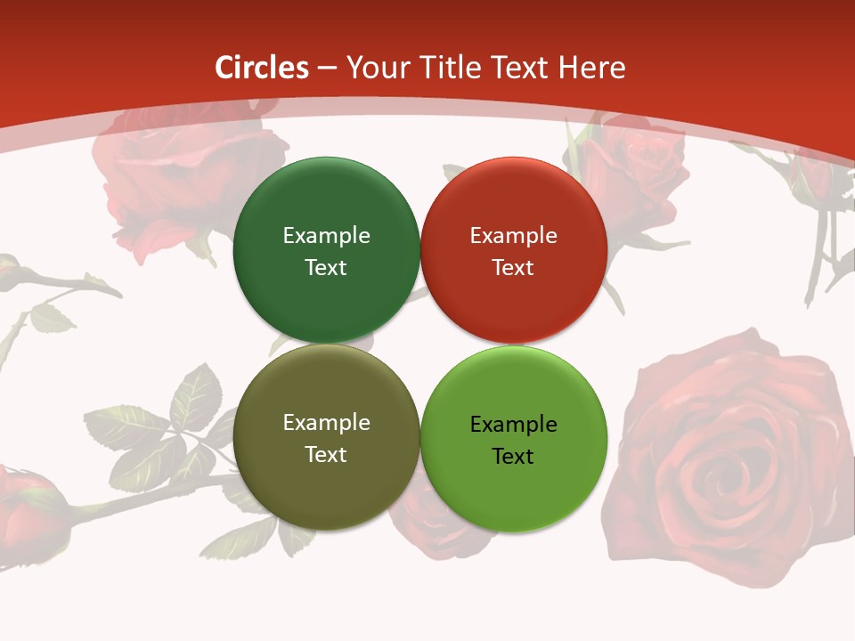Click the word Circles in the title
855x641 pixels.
click(261, 68)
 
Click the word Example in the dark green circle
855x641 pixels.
click(326, 235)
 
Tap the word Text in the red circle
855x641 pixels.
click(513, 267)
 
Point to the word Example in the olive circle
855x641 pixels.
click(326, 422)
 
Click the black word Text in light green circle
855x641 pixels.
click(513, 456)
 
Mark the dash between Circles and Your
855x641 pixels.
click(327, 69)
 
